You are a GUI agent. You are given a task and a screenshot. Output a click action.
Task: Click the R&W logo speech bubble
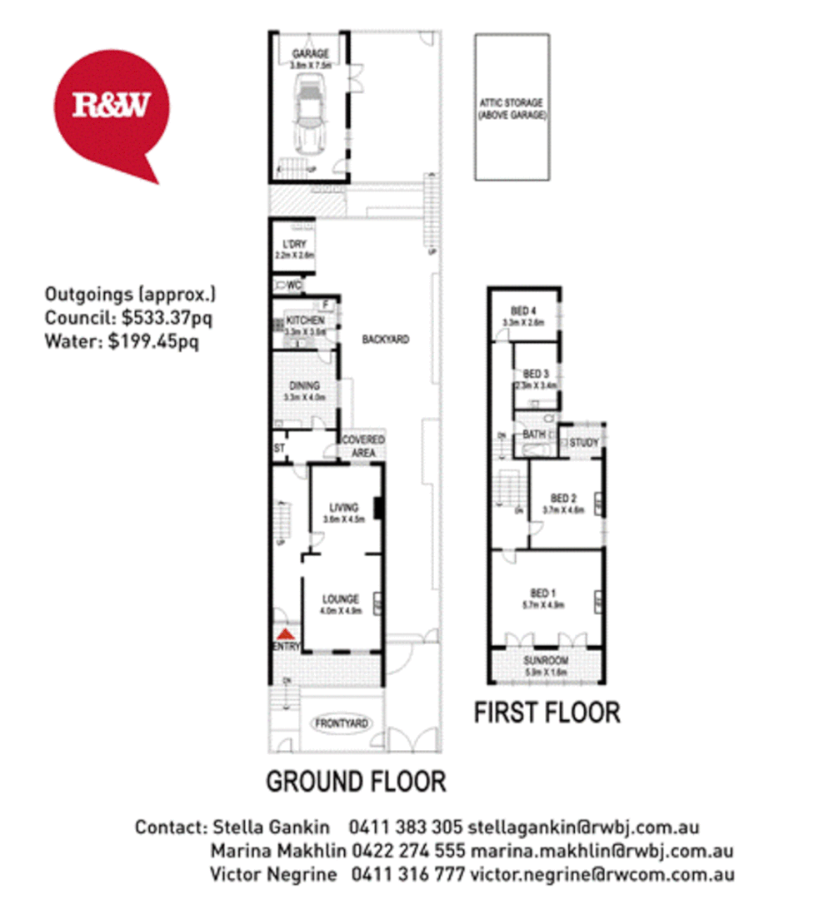click(111, 107)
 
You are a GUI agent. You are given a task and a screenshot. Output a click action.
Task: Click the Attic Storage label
click(511, 109)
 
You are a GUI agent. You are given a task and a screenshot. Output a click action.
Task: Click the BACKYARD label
click(385, 340)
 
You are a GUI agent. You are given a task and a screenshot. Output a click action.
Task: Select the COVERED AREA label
click(363, 446)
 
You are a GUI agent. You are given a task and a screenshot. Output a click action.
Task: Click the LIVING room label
click(343, 507)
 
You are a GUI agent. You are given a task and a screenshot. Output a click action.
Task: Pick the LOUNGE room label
click(342, 599)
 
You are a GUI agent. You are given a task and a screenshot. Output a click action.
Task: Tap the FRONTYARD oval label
click(342, 724)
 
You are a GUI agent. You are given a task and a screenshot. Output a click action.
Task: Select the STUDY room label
click(583, 443)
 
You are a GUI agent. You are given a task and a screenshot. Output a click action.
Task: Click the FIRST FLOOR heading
click(547, 713)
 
